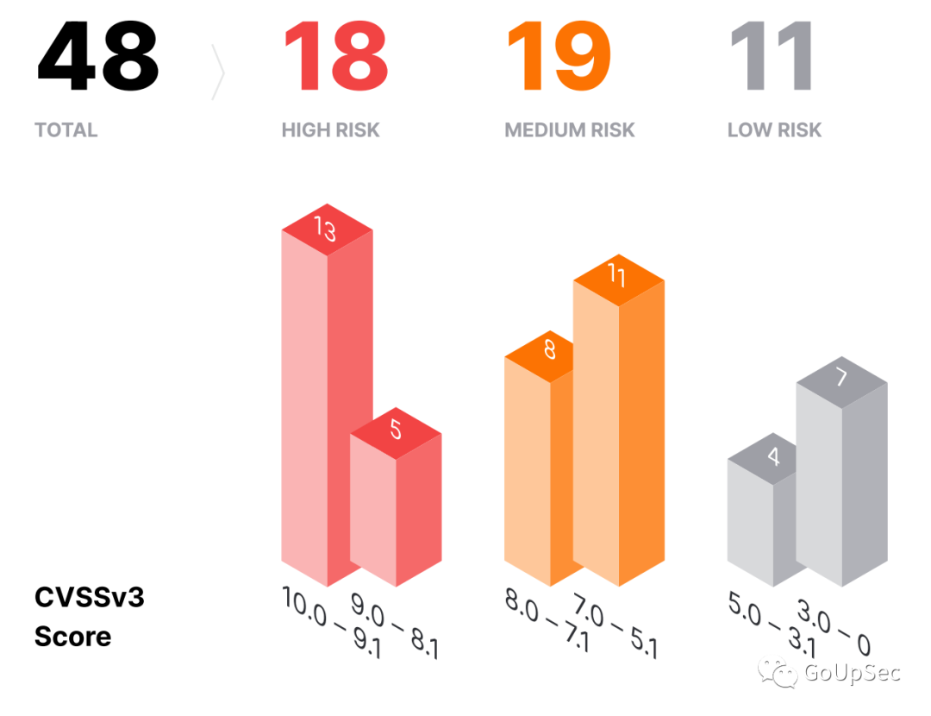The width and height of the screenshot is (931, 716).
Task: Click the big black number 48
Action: point(97,58)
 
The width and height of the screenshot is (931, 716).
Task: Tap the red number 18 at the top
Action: point(336,58)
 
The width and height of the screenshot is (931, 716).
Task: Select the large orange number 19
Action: point(559,58)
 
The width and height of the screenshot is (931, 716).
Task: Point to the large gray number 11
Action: point(771,58)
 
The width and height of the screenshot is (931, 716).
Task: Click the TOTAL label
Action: point(66,130)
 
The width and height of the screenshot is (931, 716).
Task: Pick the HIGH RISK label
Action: point(330,130)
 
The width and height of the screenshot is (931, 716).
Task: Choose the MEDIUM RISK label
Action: point(570,130)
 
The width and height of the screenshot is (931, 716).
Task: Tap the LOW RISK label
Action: point(774,130)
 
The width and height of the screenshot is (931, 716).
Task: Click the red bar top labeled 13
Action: point(326,229)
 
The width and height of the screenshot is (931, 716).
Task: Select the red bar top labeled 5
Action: point(396,430)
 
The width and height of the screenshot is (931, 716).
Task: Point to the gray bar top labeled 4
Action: point(773,456)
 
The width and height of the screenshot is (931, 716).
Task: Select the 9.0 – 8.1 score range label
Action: point(394,625)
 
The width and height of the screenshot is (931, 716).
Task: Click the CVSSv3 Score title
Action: point(89,617)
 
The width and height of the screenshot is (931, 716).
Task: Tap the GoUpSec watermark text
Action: point(852,673)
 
